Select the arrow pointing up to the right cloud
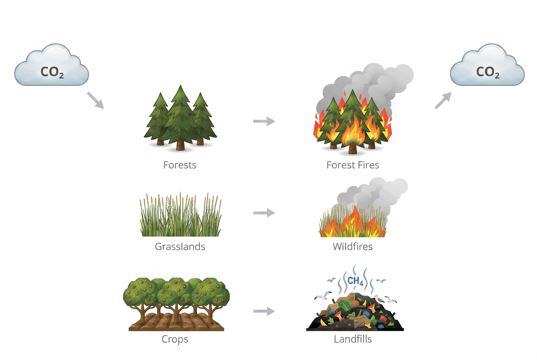pyautogui.click(x=443, y=101)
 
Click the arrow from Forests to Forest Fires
pyautogui.click(x=264, y=121)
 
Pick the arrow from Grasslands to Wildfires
pyautogui.click(x=264, y=213)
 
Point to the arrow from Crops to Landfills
pyautogui.click(x=264, y=311)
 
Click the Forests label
pyautogui.click(x=180, y=165)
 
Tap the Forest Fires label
pyautogui.click(x=353, y=165)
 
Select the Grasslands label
pyautogui.click(x=180, y=246)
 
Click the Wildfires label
pyautogui.click(x=353, y=246)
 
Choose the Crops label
pyautogui.click(x=175, y=339)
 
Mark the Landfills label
pyautogui.click(x=353, y=339)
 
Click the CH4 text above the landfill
pyautogui.click(x=355, y=281)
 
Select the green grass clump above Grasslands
pyautogui.click(x=181, y=217)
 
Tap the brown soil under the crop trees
pyautogui.click(x=176, y=323)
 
